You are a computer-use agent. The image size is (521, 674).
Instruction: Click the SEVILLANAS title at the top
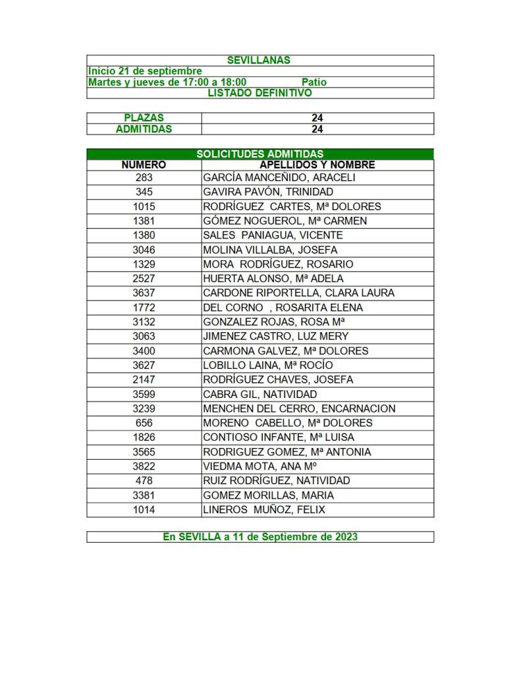coord(259,60)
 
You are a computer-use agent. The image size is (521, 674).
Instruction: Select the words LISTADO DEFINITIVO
coord(260,93)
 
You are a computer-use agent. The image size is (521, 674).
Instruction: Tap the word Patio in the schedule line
coord(314,82)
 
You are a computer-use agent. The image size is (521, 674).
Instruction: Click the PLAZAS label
coord(144,118)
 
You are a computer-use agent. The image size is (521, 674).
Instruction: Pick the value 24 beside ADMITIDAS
coord(317,129)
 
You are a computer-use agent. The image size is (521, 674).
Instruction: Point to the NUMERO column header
coord(144,165)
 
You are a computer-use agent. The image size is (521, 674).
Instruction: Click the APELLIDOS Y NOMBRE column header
coord(317,165)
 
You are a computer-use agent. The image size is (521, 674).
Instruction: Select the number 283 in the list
coord(144,178)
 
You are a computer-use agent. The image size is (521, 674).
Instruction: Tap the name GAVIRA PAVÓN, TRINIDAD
coord(268,192)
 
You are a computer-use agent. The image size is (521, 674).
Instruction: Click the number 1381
coord(144,221)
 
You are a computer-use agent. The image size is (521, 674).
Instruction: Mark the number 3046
coord(144,250)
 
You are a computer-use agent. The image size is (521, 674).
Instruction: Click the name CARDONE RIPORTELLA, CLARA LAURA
coord(298,293)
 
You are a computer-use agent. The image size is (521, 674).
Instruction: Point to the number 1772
coord(144,308)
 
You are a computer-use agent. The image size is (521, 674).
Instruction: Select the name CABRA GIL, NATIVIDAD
coord(260,394)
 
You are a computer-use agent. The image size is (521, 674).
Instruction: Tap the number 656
coord(144,423)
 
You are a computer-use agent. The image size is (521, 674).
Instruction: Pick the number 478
coord(144,481)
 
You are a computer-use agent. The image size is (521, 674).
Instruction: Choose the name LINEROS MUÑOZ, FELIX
coord(263,510)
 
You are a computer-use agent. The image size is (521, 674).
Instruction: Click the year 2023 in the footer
coord(344,537)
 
